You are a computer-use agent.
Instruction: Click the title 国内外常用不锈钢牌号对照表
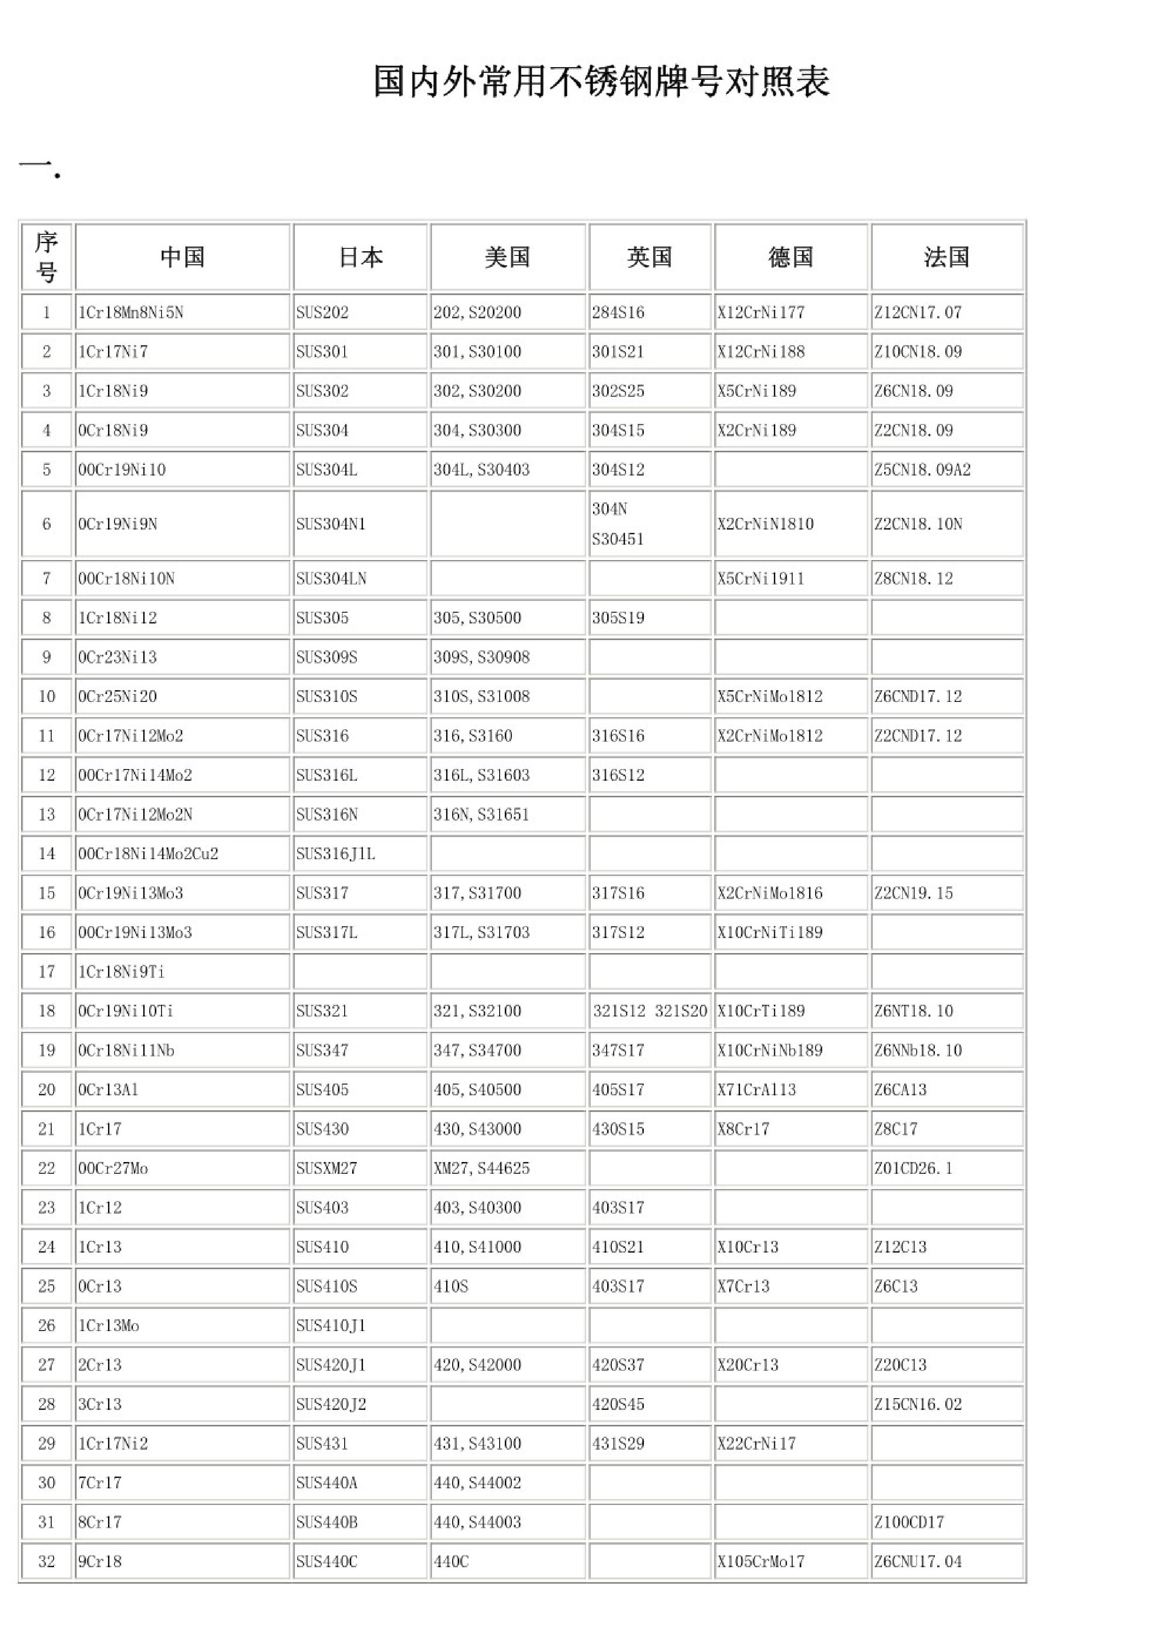click(601, 81)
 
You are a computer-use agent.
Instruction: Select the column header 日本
click(360, 257)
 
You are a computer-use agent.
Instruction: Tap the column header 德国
click(791, 257)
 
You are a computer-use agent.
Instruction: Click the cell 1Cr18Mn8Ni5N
click(131, 313)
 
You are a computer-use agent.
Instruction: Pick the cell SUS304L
click(326, 470)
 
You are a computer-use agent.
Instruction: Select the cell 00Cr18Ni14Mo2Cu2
click(148, 854)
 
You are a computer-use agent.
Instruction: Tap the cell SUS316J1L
click(335, 854)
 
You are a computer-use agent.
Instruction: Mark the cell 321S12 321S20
click(649, 1011)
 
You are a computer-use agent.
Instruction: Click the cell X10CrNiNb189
click(770, 1050)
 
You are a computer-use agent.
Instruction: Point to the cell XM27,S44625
click(481, 1168)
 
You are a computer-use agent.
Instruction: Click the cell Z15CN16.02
click(918, 1404)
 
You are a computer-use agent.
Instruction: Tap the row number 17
click(46, 972)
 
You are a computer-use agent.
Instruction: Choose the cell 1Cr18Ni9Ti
click(121, 972)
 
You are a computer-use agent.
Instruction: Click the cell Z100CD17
click(909, 1522)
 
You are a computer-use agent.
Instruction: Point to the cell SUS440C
click(326, 1561)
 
